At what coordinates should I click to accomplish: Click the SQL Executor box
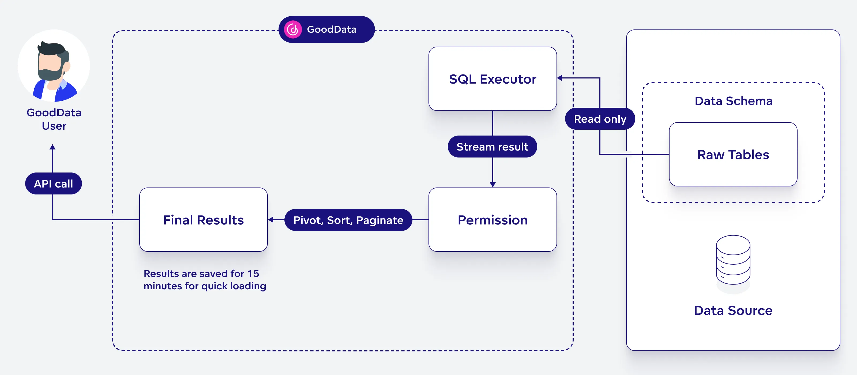click(493, 79)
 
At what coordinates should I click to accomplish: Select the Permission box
click(493, 220)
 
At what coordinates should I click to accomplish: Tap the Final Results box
click(203, 220)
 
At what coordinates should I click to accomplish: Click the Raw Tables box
click(733, 154)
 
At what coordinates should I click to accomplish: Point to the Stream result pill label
click(492, 147)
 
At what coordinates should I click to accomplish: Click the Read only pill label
click(600, 119)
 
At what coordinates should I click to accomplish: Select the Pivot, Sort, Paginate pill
click(348, 220)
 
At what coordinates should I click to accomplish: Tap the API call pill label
click(53, 183)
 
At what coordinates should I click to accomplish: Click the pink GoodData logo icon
click(293, 30)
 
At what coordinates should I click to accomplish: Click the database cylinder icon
click(733, 260)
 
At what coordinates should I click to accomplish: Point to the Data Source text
click(733, 310)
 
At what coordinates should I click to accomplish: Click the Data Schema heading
click(733, 101)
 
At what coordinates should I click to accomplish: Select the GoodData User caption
click(54, 119)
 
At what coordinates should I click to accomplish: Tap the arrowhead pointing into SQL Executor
click(560, 78)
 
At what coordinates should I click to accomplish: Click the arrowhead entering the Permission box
click(493, 185)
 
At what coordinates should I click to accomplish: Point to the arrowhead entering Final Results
click(271, 220)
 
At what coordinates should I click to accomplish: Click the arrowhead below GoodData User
click(52, 147)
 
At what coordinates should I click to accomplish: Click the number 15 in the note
click(253, 273)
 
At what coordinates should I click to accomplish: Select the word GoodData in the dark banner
click(331, 30)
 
